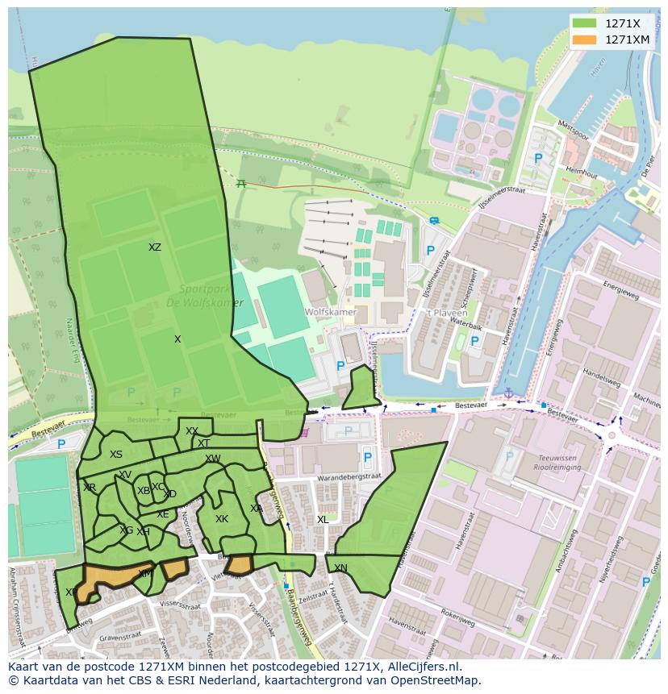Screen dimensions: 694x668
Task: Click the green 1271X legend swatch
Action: click(585, 23)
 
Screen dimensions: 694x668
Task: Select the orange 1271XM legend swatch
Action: click(585, 39)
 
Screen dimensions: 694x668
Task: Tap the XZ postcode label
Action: click(155, 247)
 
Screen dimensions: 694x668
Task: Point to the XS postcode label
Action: click(116, 455)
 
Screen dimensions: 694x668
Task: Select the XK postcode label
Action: click(222, 519)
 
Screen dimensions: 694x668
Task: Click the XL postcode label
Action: click(323, 520)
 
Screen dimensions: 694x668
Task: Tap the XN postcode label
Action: click(340, 568)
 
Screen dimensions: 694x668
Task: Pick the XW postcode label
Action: click(212, 459)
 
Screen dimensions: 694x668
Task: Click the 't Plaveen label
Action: click(442, 312)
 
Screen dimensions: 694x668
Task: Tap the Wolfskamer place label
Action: click(319, 312)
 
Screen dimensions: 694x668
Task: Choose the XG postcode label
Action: click(127, 530)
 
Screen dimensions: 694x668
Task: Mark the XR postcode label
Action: click(90, 488)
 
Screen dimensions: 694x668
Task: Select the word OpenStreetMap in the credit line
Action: click(440, 680)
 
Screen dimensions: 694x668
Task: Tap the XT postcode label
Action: click(204, 443)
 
